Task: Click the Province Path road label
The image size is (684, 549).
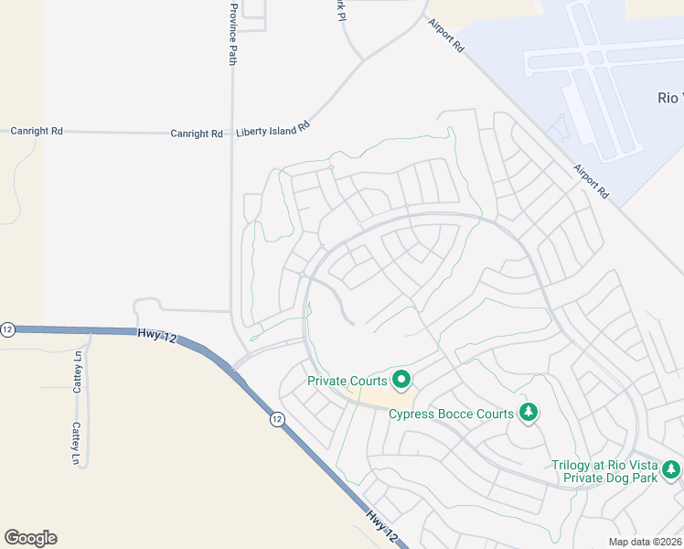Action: coord(233,34)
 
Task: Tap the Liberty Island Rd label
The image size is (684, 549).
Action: coord(273,132)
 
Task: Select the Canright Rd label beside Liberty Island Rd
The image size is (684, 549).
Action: coord(197,134)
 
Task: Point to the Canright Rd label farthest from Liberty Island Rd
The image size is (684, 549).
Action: coord(37,131)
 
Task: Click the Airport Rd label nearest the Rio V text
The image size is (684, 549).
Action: coord(592,182)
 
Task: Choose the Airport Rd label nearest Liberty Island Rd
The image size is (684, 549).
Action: coord(445,38)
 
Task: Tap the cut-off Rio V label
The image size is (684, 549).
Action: coord(670,98)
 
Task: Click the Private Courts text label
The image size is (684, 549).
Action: coord(347,381)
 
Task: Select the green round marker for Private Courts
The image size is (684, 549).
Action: coord(401,378)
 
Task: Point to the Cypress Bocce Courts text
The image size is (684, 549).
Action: coord(451,414)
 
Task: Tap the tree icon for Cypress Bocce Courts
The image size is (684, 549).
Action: coord(528,413)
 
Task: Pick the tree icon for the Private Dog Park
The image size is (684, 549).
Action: coord(672,470)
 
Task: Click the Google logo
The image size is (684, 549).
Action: coord(30,538)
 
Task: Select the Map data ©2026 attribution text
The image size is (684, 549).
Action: coord(643,542)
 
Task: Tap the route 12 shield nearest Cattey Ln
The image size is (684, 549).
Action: coord(7,329)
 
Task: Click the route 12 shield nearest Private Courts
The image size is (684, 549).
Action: coord(276,419)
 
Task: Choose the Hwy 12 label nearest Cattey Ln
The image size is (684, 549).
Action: coord(157,336)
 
